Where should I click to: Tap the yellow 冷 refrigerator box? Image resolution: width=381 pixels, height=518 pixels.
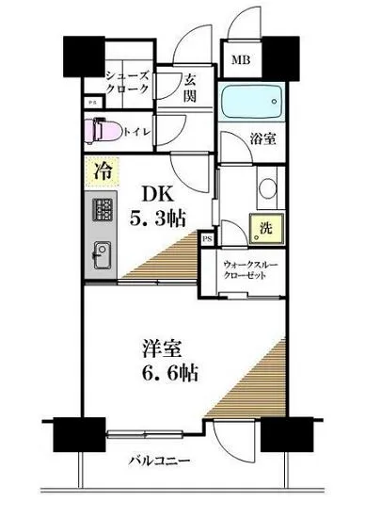(x=100, y=170)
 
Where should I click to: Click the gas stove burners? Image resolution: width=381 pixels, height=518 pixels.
(x=102, y=211)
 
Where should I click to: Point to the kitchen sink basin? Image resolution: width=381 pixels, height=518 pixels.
(x=102, y=253)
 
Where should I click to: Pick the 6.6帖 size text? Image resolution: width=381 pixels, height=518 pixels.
(x=151, y=371)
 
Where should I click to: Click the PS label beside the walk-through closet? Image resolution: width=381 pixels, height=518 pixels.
(x=207, y=239)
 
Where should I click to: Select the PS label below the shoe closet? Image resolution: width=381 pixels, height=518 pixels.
(x=92, y=103)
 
